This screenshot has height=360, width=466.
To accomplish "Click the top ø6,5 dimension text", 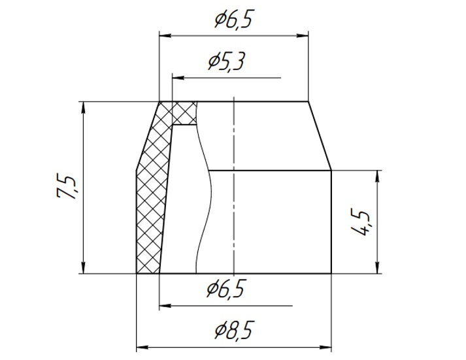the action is [233, 20].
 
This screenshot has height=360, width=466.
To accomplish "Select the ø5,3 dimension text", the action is [226, 62].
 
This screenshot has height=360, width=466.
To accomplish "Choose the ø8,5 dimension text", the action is [233, 331].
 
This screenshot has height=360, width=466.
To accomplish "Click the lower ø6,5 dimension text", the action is [226, 288].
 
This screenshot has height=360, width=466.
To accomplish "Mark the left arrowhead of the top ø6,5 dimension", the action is [165, 36].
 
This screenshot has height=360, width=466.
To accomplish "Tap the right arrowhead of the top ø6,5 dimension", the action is [303, 36].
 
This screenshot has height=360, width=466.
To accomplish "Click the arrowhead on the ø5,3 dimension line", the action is [178, 78].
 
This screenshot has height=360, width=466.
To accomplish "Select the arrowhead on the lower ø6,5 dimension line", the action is [165, 305].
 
